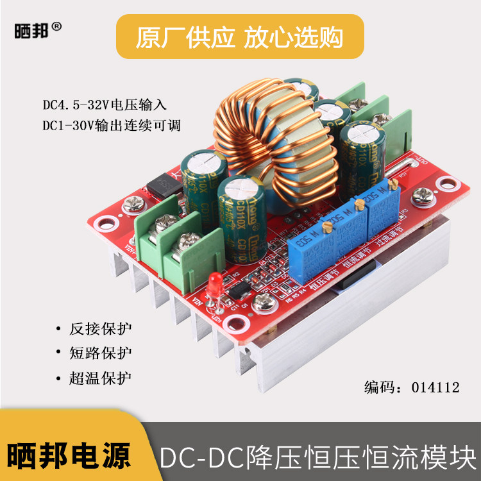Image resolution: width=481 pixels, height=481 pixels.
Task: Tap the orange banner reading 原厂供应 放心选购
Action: click(x=240, y=37)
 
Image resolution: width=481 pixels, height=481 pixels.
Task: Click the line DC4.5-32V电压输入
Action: click(x=105, y=104)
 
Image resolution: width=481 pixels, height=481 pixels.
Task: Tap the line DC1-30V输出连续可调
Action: click(x=111, y=125)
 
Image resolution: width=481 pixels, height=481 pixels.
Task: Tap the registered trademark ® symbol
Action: click(x=56, y=27)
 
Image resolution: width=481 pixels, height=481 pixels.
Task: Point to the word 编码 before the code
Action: click(x=378, y=387)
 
